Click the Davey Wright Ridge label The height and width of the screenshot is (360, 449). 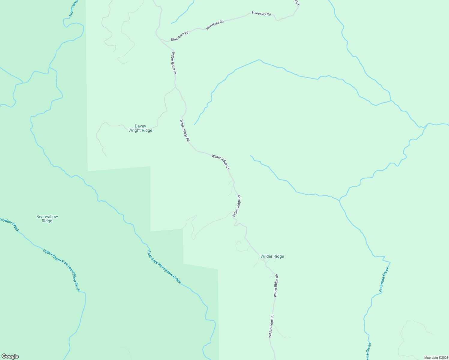click(140, 128)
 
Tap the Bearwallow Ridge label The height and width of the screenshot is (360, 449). click(47, 219)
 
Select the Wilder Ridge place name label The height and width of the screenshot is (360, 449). click(272, 256)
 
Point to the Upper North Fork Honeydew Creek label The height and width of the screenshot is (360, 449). click(62, 270)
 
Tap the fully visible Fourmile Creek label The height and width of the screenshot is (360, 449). click(384, 279)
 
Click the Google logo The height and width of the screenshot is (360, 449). click(10, 356)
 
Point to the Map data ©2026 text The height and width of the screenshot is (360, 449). click(436, 358)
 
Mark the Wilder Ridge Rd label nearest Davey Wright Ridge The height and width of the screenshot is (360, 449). click(185, 130)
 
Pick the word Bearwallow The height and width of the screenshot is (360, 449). click(47, 217)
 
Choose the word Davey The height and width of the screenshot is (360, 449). click(140, 126)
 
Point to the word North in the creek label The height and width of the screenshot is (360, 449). click(57, 260)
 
